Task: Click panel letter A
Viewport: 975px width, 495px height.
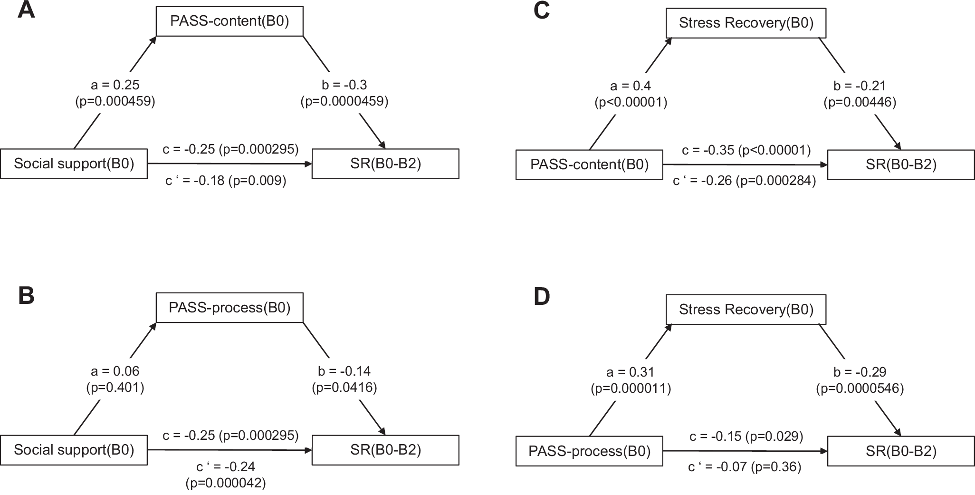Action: coord(26,10)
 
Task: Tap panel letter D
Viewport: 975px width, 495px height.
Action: coord(542,297)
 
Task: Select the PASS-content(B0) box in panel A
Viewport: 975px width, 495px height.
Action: coord(229,21)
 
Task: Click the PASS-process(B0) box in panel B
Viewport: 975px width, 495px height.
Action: coord(229,308)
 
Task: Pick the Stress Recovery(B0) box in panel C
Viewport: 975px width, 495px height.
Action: coord(746,23)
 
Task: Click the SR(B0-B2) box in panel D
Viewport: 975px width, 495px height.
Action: coord(901,451)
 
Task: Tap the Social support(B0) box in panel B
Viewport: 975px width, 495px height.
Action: coord(74,450)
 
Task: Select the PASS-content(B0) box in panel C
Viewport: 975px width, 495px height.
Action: coord(589,165)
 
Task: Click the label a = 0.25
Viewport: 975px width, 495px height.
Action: coord(115,85)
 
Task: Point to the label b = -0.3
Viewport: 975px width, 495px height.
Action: coord(344,85)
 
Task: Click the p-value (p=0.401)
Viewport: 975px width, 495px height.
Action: coord(115,388)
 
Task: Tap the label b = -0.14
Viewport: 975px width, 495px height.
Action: coord(344,371)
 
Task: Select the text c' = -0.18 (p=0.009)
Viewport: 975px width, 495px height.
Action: coord(226,181)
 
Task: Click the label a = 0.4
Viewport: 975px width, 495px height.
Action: coord(631,86)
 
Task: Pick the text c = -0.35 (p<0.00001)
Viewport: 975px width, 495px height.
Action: coord(746,150)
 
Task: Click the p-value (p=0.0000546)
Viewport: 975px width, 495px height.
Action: coord(860,388)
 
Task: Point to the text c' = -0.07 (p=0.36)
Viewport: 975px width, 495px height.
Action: coord(745,467)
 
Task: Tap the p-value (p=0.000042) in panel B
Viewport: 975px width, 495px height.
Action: coord(226,483)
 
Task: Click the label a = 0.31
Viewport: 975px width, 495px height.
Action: coord(631,372)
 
